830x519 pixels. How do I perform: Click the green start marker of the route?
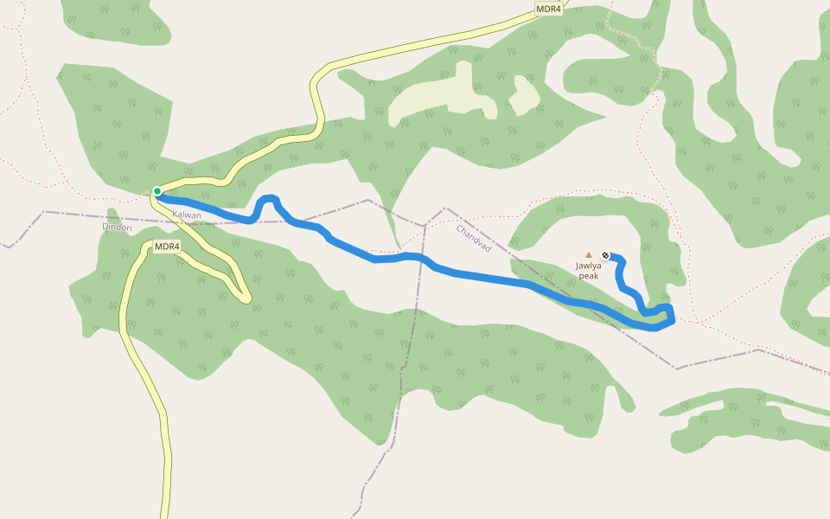point(157,190)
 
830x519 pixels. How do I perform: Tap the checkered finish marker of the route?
point(605,255)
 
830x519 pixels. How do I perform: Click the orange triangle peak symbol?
point(589,255)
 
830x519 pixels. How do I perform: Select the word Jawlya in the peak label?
point(589,266)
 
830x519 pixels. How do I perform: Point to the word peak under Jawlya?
point(589,276)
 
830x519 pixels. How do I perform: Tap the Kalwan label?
point(187,215)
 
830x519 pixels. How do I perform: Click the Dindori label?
point(117,227)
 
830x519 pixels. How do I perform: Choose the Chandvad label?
point(473,238)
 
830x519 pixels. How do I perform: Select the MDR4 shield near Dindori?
point(167,247)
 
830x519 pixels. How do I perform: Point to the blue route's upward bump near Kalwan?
point(268,200)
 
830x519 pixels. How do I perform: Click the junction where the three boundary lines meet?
point(425,227)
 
